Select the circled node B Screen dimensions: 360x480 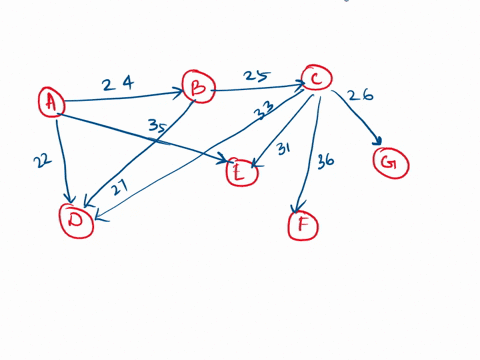tap(197, 88)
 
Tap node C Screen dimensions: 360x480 tap(315, 79)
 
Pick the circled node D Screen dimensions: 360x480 tap(74, 222)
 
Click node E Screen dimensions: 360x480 tap(241, 172)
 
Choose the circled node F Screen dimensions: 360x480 tap(301, 227)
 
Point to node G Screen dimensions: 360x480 tap(392, 160)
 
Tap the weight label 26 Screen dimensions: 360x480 tap(359, 97)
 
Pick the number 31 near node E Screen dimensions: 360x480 tap(283, 149)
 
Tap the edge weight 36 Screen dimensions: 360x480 tap(326, 160)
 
